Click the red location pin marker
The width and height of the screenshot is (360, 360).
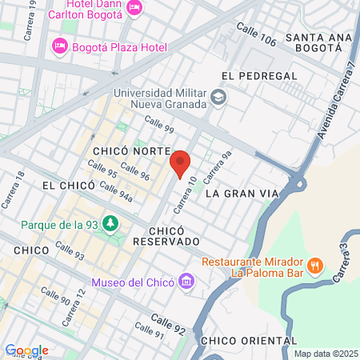click(181, 162)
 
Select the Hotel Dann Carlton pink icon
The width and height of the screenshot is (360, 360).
click(134, 8)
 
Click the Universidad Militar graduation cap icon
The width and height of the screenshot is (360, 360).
click(218, 98)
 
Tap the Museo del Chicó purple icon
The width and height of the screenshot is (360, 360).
click(187, 282)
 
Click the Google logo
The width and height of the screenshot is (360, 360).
click(26, 350)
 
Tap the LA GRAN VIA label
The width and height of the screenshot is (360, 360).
click(239, 194)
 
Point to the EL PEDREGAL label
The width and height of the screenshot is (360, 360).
click(254, 76)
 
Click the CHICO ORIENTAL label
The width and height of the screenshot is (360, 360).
click(247, 341)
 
